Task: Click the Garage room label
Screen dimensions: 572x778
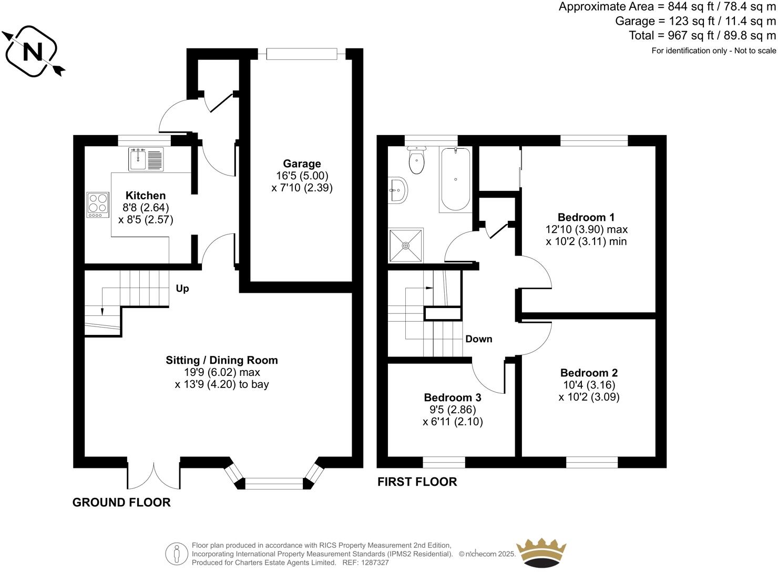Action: coord(302,164)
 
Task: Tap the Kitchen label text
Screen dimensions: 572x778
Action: coord(146,196)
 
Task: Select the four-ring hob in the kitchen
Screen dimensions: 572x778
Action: coord(98,205)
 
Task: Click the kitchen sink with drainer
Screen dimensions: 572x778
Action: coord(146,159)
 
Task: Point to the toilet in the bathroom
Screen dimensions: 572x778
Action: coord(416,160)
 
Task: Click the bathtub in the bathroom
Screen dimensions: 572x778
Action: coord(455,179)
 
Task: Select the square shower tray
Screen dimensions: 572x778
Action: coord(406,245)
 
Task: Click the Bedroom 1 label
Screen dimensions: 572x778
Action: coord(586,217)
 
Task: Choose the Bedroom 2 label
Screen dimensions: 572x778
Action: coord(589,373)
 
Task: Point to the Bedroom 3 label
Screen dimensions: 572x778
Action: coord(453,397)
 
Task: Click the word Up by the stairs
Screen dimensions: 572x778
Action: coord(182,289)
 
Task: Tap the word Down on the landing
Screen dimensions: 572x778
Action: coord(478,339)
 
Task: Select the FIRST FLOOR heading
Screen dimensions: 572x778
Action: coord(417,482)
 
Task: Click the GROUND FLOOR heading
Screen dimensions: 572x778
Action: coord(121,503)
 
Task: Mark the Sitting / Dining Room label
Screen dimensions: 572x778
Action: coord(221,360)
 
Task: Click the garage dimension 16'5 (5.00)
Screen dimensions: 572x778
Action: coord(302,176)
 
